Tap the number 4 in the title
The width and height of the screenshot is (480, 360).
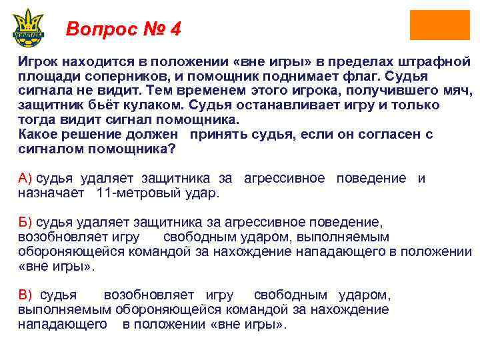pos(175,29)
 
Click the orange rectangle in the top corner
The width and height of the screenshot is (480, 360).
pos(430,25)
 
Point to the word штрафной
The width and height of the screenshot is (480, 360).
pos(435,61)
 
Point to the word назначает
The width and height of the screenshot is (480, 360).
pos(51,193)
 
